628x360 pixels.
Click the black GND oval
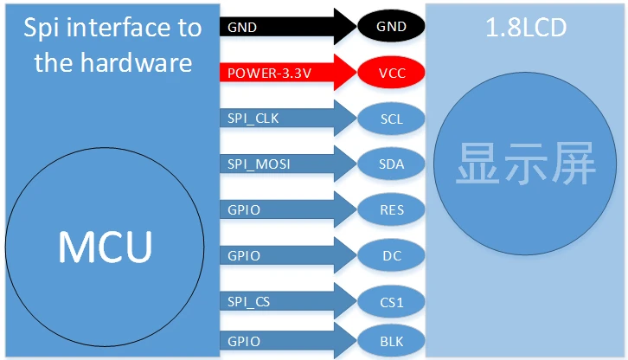pos(391,26)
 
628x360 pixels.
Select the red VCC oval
pos(391,73)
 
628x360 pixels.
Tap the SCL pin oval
pos(391,119)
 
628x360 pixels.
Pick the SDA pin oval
pos(391,164)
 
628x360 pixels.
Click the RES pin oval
pos(391,209)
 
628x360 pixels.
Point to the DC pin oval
pos(391,256)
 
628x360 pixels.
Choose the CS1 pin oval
pos(391,302)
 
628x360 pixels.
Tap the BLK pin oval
pos(391,341)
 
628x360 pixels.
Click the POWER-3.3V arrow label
pos(269,73)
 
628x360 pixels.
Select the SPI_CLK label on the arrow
pos(253,119)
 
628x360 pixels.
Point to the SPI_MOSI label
pos(259,164)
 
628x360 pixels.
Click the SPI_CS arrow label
pos(249,301)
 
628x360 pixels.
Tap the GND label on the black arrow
pos(242,28)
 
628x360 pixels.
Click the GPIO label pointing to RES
pos(244,210)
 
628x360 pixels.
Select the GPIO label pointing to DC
pos(244,256)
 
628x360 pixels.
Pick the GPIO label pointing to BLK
pos(244,342)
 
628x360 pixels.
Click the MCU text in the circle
pos(106,247)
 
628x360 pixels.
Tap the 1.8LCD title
pos(526,28)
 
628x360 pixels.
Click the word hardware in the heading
pos(136,62)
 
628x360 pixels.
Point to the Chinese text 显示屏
pos(525,164)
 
